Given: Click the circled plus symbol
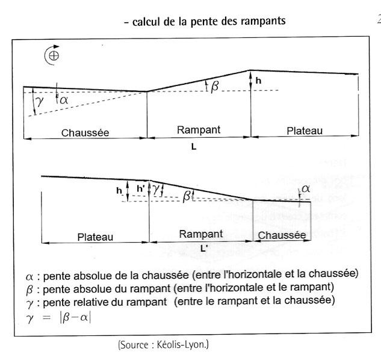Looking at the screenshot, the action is click(x=52, y=56).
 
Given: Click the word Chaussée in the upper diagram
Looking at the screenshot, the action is click(x=85, y=132).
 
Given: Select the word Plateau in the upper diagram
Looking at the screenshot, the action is click(x=305, y=130).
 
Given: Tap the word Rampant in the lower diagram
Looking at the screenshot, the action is click(x=200, y=234).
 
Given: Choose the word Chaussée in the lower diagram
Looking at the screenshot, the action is click(x=282, y=235).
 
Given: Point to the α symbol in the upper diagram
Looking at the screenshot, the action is click(x=63, y=98).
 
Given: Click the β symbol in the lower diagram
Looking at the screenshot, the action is click(x=187, y=195).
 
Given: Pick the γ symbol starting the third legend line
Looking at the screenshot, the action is click(x=29, y=300).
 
